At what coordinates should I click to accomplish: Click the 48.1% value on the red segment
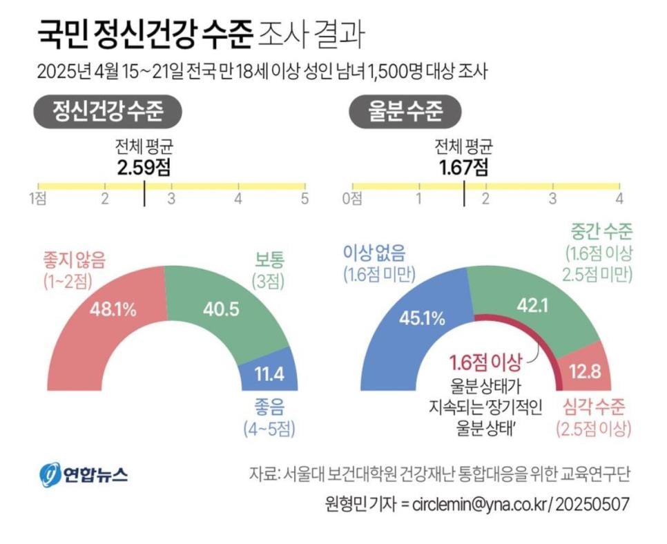(113, 309)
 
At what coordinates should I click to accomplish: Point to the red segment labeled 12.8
(584, 373)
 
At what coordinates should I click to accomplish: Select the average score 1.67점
(464, 168)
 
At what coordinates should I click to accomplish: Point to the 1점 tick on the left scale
(38, 199)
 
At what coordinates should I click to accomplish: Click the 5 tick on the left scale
(304, 199)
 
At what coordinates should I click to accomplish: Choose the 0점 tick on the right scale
(352, 199)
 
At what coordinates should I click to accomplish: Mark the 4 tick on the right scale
(619, 199)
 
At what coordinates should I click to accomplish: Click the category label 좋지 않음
(69, 260)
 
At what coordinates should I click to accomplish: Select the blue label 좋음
(269, 407)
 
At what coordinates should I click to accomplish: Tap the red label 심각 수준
(594, 407)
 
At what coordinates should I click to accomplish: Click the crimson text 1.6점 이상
(484, 362)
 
